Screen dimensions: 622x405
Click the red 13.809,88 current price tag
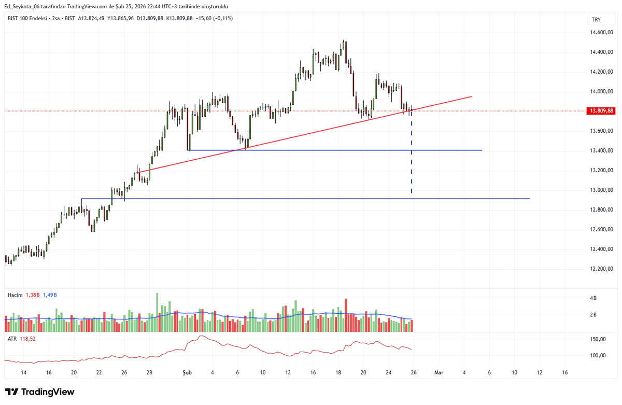click(x=601, y=111)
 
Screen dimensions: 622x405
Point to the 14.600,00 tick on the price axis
click(x=601, y=33)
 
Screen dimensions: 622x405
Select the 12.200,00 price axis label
click(x=601, y=269)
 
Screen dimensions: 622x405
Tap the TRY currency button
click(x=596, y=19)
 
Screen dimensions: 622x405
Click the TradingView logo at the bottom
click(x=40, y=392)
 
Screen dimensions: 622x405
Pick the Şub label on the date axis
click(x=187, y=372)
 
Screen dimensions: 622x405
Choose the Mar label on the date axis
click(x=439, y=372)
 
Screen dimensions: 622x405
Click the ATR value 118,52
click(x=27, y=339)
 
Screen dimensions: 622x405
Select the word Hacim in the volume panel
click(x=15, y=295)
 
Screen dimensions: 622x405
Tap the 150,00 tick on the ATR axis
click(x=598, y=339)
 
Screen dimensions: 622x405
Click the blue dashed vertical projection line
click(x=411, y=151)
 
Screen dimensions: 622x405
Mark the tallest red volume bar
click(x=346, y=315)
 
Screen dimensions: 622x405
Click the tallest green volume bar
click(x=157, y=313)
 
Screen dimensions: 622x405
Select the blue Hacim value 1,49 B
click(x=50, y=295)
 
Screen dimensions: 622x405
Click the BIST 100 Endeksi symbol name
click(x=27, y=18)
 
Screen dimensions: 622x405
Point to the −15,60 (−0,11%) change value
click(x=214, y=18)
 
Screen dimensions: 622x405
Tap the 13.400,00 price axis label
click(x=601, y=150)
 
